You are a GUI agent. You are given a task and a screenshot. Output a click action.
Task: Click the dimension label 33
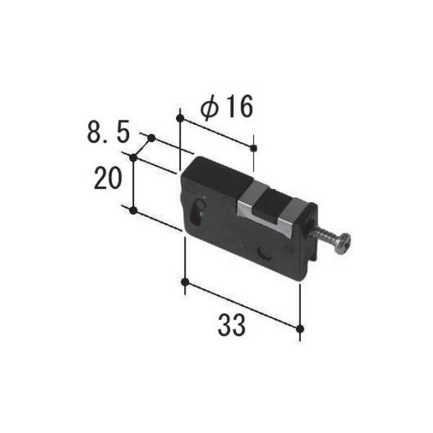point(232,325)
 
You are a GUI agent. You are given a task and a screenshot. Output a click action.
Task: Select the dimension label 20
point(108,178)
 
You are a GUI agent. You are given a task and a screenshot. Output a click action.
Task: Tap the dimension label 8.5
point(108,132)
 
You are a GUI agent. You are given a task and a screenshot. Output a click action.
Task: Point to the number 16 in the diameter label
point(240,107)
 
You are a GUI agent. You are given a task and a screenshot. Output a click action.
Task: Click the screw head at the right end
point(343,243)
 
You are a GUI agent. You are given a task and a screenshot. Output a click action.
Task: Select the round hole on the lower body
point(264,253)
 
